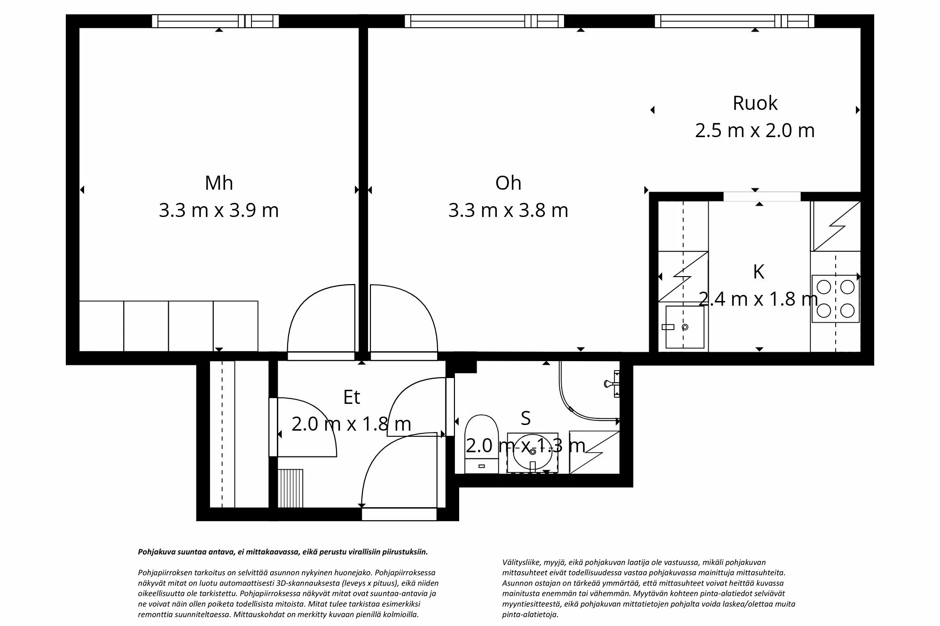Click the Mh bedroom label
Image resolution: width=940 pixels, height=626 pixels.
219,183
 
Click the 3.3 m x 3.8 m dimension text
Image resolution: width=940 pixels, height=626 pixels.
508,210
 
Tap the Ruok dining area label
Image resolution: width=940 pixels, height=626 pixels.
755,103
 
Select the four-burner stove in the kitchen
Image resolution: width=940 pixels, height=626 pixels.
835,299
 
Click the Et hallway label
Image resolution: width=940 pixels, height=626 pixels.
352,397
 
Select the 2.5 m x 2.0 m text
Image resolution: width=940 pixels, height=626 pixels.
755,130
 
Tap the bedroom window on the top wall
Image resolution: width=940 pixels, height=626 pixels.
215,21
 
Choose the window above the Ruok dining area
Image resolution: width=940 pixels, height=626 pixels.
734,21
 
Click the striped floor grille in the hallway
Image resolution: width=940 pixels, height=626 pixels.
290,488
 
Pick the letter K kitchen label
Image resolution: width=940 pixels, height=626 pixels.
758,272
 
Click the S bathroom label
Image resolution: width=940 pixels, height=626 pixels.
525,418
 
